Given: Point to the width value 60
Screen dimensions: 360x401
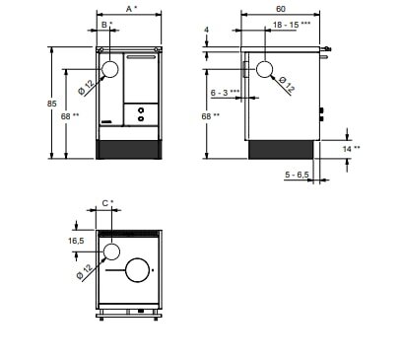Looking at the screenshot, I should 281,9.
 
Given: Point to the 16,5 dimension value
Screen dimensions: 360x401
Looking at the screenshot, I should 75,240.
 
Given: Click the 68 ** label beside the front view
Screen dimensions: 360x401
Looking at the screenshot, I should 72,116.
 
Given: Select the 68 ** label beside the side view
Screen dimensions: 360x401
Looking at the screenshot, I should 212,116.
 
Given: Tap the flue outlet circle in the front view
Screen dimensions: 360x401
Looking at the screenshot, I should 110,69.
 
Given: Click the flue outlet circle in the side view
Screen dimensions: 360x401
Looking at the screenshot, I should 265,69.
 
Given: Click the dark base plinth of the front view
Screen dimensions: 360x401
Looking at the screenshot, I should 128,149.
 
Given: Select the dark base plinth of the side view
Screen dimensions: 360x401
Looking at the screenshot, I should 281,149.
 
